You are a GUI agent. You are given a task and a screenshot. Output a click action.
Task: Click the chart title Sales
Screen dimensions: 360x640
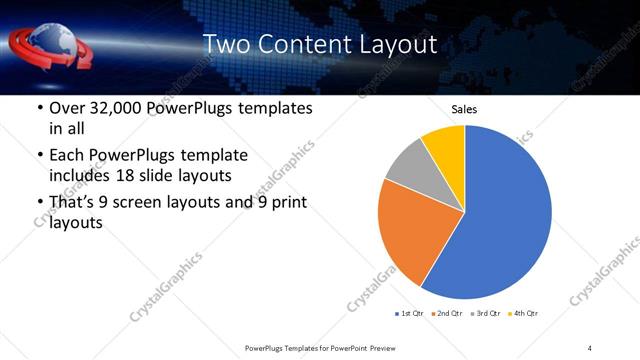[x=464, y=109]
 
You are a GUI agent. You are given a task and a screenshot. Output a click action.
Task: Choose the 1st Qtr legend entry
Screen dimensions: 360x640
[x=409, y=314]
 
